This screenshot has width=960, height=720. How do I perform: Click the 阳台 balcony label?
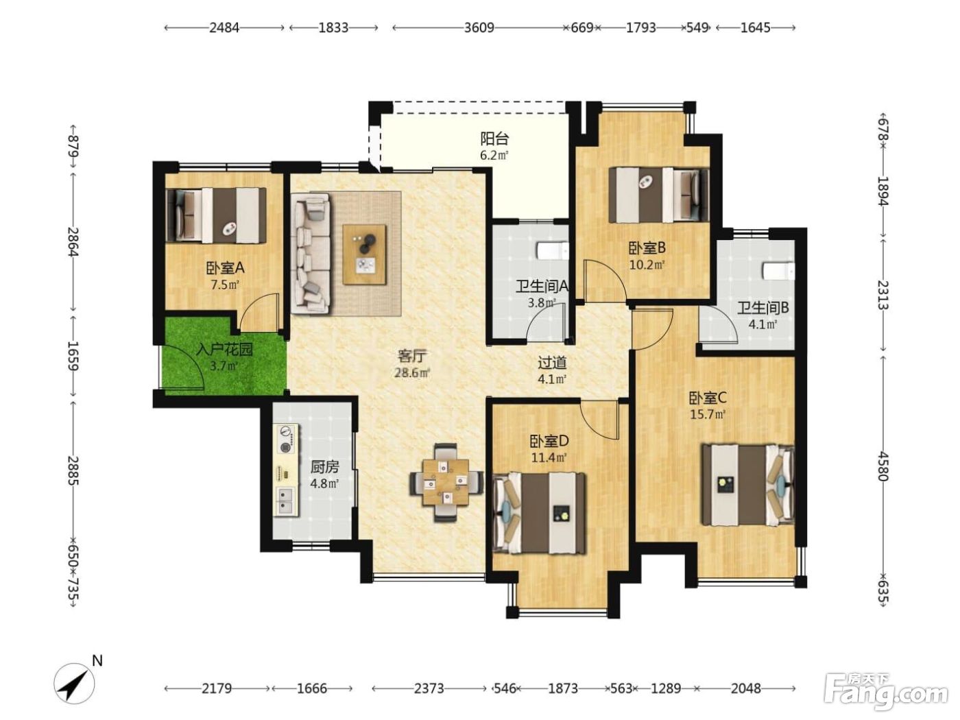[x=494, y=139]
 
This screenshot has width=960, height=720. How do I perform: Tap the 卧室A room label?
[x=225, y=267]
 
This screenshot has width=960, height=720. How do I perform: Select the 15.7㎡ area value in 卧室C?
[x=708, y=414]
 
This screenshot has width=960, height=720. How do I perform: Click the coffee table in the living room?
[x=364, y=254]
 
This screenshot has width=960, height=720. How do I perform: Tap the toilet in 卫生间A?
[x=553, y=252]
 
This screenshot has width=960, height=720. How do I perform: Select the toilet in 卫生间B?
[x=778, y=270]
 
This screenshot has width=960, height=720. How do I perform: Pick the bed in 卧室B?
[x=659, y=195]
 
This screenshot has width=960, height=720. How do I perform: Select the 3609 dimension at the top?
[x=479, y=27]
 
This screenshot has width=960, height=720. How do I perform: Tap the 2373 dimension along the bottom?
[x=429, y=689]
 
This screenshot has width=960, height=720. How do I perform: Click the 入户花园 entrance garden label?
[x=225, y=349]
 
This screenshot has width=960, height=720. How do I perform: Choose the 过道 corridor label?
[x=552, y=363]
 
